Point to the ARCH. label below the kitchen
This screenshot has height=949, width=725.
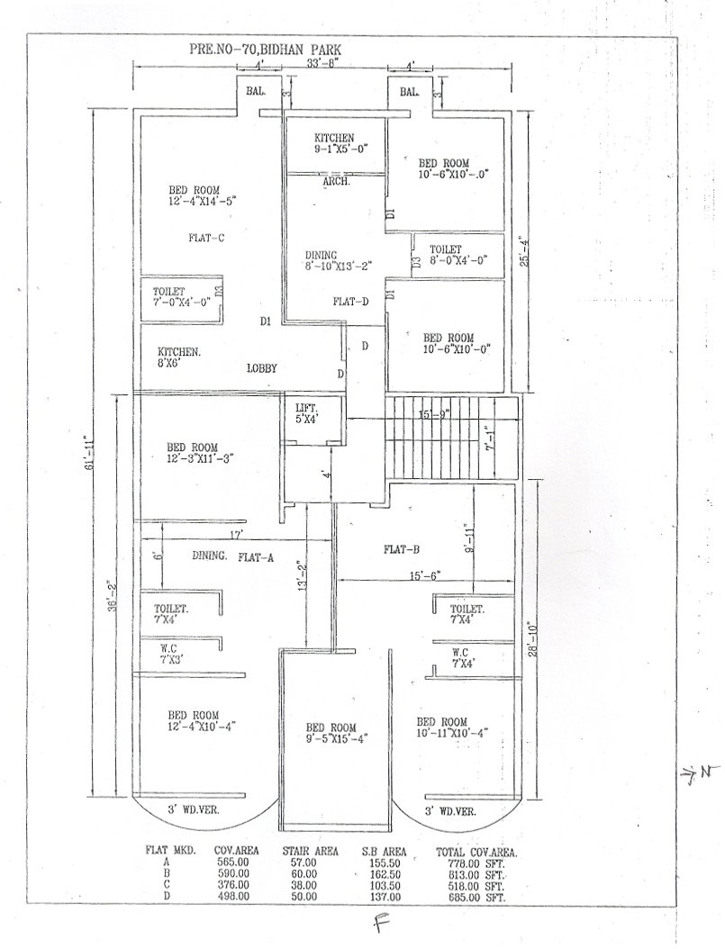coord(337,182)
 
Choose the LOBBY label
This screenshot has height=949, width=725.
coord(261,368)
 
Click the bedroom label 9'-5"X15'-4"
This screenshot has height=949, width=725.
coord(335,733)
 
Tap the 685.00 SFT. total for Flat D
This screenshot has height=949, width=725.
coord(477,898)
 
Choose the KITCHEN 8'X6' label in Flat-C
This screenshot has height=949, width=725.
coord(178,357)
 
